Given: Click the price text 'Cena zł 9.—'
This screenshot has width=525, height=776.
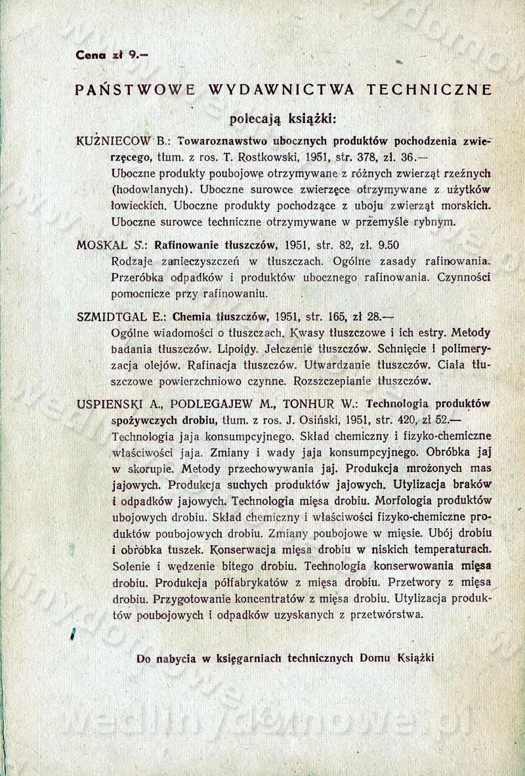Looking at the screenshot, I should [x=112, y=56].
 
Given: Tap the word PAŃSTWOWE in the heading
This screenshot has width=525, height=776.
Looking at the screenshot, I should [x=135, y=91].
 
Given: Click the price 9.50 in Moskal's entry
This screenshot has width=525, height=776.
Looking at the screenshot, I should [x=386, y=245].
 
